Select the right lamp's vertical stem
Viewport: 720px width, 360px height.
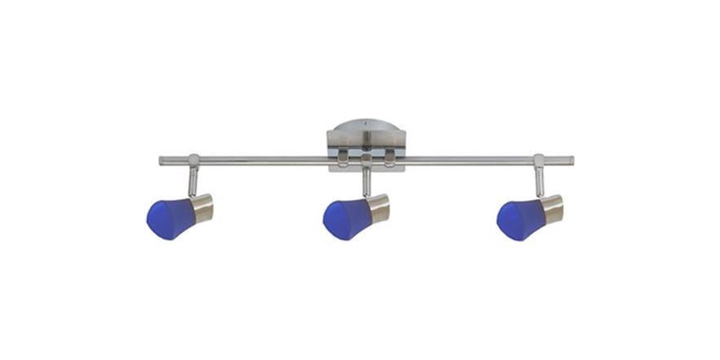[x=539, y=180]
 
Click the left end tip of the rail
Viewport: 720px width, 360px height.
[x=162, y=161]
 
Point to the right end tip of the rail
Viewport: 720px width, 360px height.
[x=571, y=161]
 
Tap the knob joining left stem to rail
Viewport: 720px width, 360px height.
[x=193, y=160]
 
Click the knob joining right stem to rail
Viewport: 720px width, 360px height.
[x=539, y=160]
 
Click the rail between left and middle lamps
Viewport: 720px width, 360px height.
[x=261, y=161]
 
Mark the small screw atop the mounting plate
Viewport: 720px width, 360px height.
[x=367, y=126]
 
